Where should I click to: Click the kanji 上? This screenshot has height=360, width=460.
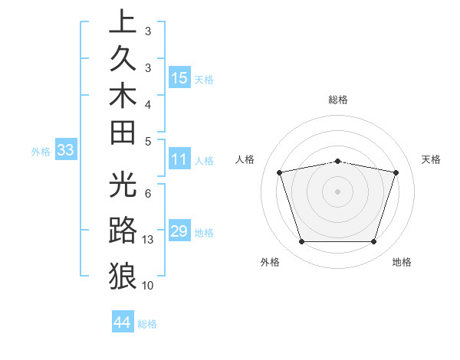[123, 23]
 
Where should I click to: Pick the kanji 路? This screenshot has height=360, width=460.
[123, 231]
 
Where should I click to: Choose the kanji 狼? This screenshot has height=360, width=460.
[123, 275]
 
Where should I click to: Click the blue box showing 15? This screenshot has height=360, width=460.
[179, 77]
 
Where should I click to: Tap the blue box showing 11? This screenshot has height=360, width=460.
[179, 159]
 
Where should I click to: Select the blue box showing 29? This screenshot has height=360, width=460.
[179, 231]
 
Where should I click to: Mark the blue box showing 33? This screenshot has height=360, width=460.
[66, 151]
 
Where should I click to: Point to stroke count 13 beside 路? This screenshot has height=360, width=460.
[149, 240]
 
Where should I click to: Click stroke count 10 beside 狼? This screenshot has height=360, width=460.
[148, 286]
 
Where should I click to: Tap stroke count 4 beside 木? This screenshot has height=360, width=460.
[147, 103]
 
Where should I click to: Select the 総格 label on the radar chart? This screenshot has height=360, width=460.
[337, 100]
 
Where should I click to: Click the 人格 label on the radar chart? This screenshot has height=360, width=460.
[245, 159]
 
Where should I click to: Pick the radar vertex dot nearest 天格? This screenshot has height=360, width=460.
[396, 172]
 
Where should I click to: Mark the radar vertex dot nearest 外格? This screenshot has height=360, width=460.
[301, 242]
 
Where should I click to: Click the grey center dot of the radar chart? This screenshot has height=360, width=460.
[337, 191]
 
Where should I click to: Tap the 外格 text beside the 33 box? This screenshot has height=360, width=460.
[41, 152]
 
